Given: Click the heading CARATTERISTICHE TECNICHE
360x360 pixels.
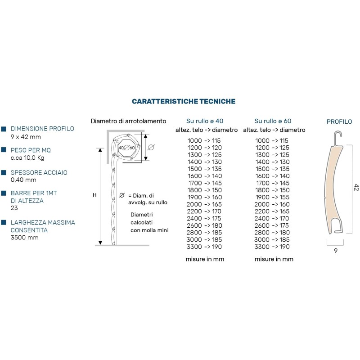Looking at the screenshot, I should tap(184, 102).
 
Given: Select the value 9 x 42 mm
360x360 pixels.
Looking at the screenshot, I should tap(26, 137).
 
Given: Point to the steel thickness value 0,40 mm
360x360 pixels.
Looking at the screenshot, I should tap(23, 180).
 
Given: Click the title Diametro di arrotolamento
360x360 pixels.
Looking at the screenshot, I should tap(128, 121).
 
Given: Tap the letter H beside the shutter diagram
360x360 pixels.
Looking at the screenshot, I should tap(94, 195).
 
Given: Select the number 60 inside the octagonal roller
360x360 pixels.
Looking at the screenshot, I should tap(132, 147).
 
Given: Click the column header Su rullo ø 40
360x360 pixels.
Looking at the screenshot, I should tap(205, 121).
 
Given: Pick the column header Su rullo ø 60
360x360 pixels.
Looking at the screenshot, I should tap(273, 121).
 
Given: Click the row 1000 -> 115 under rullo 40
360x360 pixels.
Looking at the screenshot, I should tap(205, 141).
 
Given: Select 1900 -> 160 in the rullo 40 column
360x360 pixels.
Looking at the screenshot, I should tap(205, 197).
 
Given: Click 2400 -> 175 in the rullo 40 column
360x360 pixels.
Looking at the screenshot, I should tap(205, 218).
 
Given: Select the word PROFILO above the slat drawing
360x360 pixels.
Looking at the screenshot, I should tap(339, 121).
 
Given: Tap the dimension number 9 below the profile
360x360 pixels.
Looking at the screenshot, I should tap(336, 251).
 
